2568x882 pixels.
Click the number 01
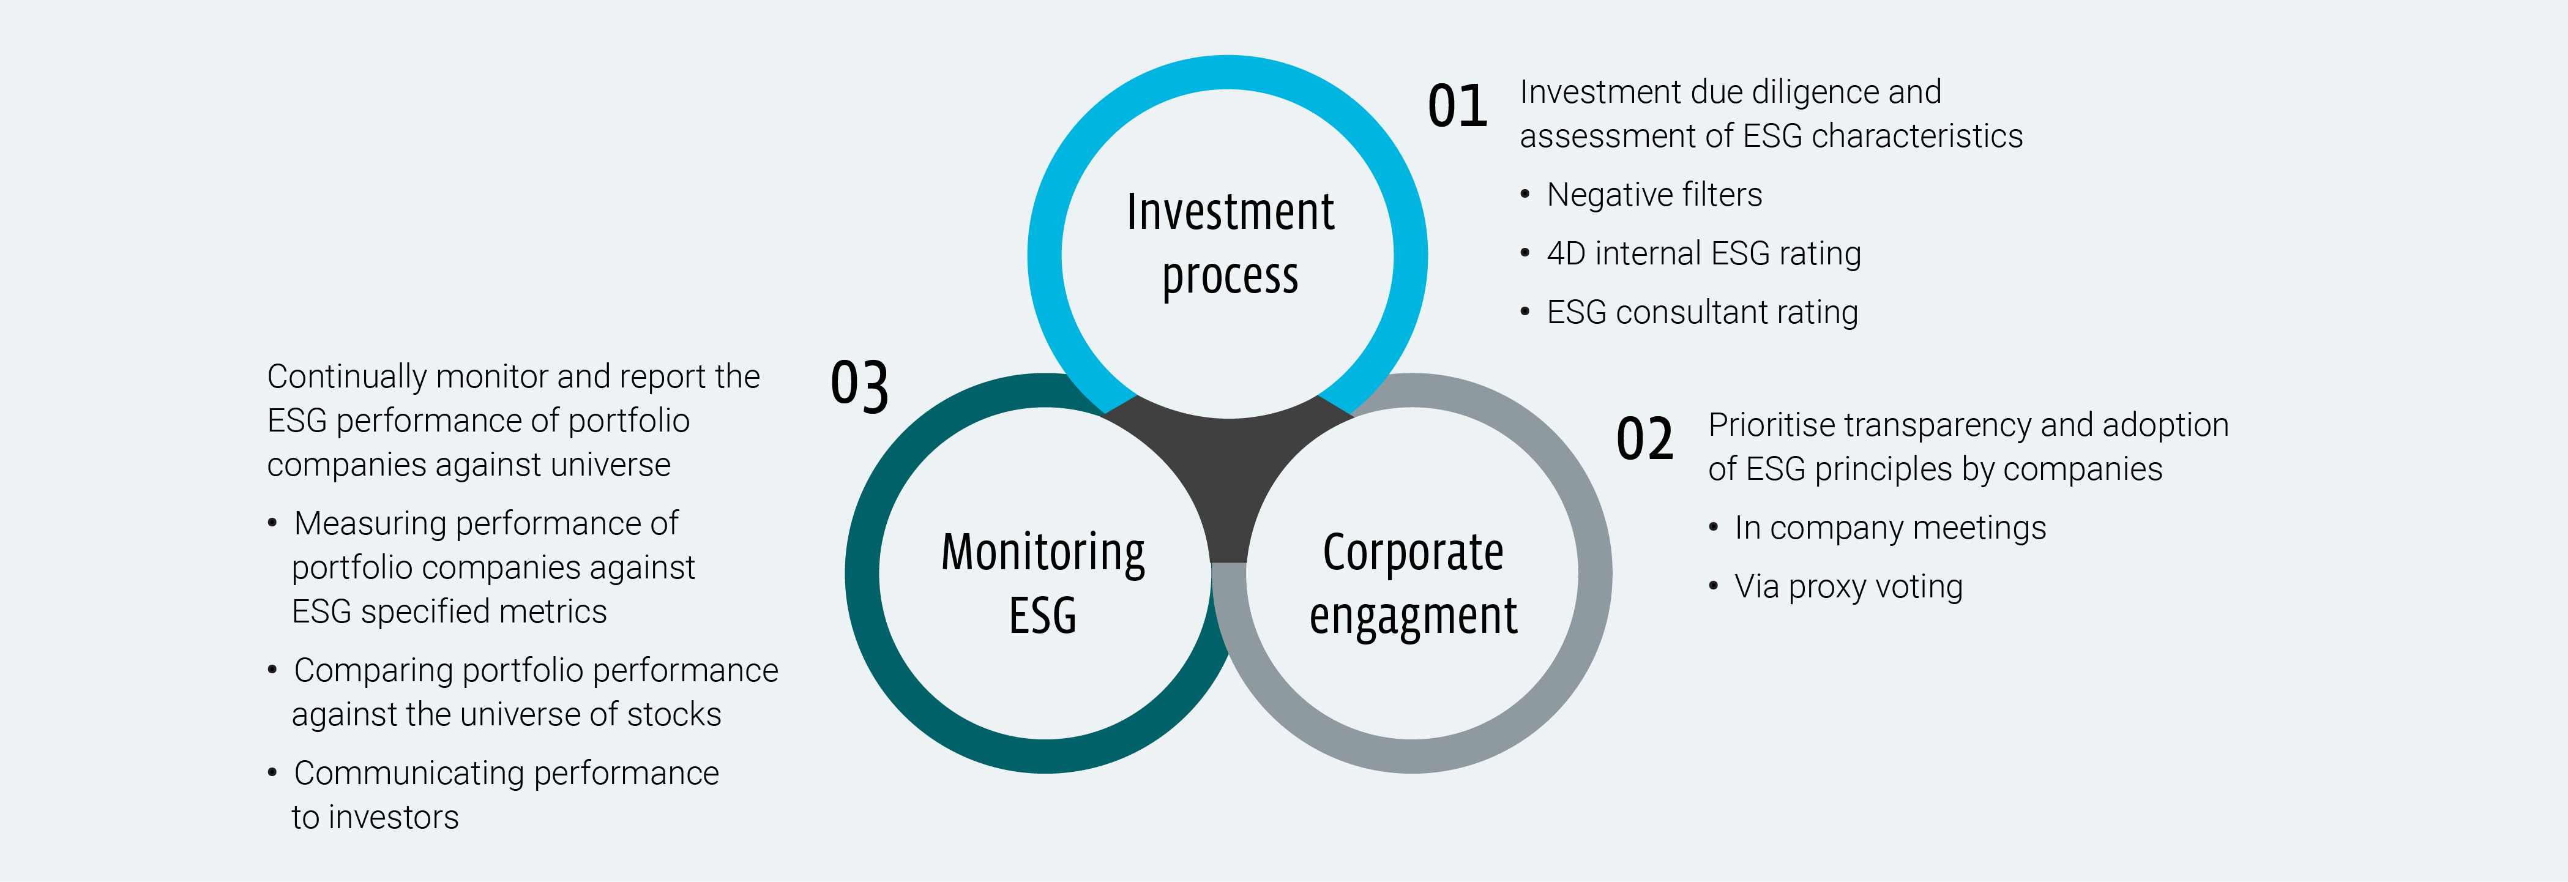coord(1457,107)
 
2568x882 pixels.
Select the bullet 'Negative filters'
coord(1654,195)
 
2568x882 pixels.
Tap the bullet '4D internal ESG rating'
coord(1703,253)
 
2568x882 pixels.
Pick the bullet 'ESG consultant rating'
coord(1702,312)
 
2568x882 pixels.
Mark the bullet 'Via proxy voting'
coord(1848,586)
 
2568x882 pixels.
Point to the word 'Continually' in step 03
coord(347,376)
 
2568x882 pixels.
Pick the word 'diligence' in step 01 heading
coord(1812,92)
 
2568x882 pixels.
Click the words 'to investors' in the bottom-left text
coord(375,817)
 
